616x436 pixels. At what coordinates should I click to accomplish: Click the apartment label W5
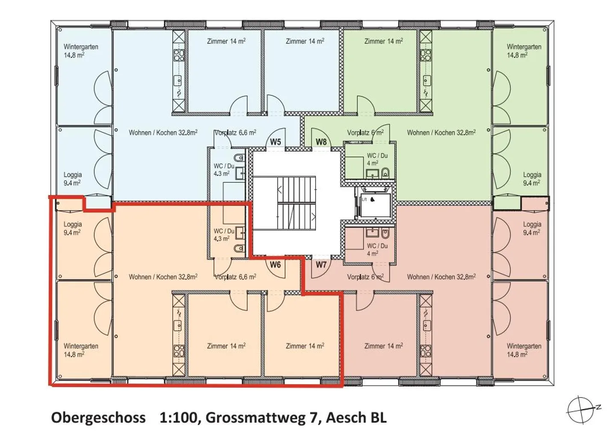click(275, 142)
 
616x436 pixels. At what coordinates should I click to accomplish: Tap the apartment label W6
click(275, 264)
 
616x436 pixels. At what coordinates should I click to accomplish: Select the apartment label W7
click(321, 264)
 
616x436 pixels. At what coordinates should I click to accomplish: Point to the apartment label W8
click(321, 142)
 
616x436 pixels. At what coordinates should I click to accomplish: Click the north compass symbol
click(582, 409)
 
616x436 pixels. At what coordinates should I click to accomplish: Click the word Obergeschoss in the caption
click(98, 417)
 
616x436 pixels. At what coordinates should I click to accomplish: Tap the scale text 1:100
click(179, 417)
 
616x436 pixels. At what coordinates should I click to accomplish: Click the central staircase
click(296, 203)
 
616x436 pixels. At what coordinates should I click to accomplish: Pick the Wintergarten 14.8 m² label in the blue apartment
click(81, 50)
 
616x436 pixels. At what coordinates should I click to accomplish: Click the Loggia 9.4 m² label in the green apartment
click(532, 178)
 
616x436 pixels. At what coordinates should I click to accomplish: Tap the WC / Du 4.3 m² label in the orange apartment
click(224, 234)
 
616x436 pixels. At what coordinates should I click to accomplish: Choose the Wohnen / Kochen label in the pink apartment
click(441, 277)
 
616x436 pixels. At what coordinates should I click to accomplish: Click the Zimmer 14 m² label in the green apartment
click(383, 41)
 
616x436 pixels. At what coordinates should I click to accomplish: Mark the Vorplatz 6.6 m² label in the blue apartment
click(236, 133)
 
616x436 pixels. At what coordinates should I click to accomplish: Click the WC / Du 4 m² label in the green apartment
click(377, 159)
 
